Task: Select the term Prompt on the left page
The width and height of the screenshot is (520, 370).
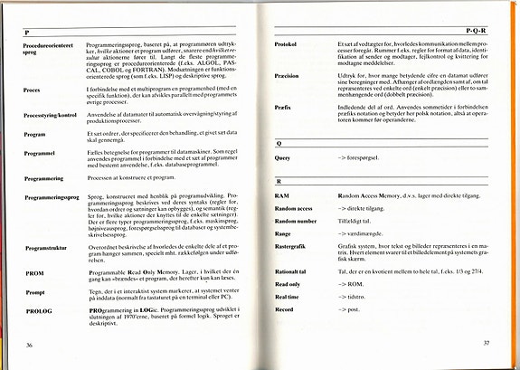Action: pos(37,291)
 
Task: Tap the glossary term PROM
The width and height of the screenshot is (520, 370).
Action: pos(35,272)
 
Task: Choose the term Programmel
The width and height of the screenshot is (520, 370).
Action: pos(43,154)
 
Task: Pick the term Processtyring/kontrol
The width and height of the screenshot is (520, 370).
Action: pos(54,117)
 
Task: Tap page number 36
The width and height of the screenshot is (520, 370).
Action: pos(30,345)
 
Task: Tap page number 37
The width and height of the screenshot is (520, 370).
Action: pos(487,343)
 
